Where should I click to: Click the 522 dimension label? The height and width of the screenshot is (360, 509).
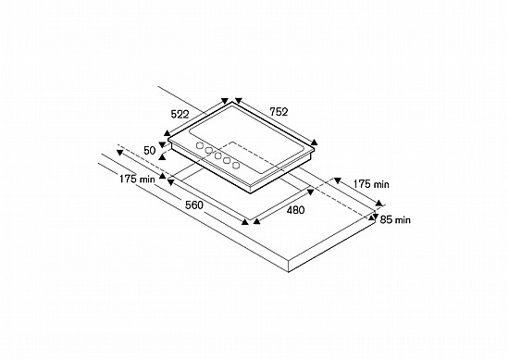coord(180,114)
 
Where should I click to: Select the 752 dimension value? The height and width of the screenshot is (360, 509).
coord(279,112)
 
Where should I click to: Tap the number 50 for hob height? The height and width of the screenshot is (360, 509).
coord(150,151)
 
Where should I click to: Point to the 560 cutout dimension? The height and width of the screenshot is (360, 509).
coord(194,205)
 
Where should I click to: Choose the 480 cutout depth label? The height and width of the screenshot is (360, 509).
coord(295,210)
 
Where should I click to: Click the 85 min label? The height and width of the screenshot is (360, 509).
coord(395,219)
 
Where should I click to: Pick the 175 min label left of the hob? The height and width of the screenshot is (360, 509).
coord(137,179)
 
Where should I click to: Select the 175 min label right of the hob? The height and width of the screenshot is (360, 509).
coord(371,184)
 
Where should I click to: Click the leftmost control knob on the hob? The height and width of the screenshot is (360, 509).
coord(200,145)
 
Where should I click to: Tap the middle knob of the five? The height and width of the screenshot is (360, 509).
coord(217,155)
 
